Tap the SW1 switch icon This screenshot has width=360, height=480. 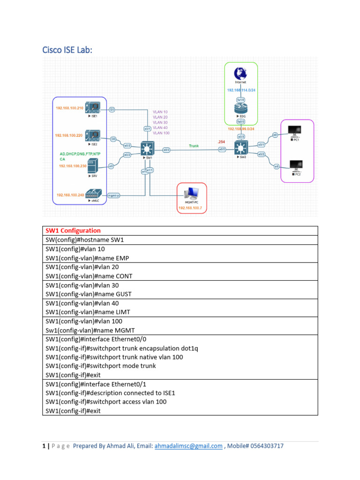pos(149,149)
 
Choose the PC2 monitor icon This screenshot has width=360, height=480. pos(295,165)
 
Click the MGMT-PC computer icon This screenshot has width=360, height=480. pos(192,192)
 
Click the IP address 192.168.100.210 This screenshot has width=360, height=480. pos(69,108)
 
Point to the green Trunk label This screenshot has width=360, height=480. pos(194,146)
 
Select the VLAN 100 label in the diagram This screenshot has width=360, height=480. pos(161,133)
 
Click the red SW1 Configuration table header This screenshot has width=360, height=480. pos(73,231)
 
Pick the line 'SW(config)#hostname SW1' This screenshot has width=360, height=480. pos(84,240)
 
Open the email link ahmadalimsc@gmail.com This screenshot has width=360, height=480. pos(188,446)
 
